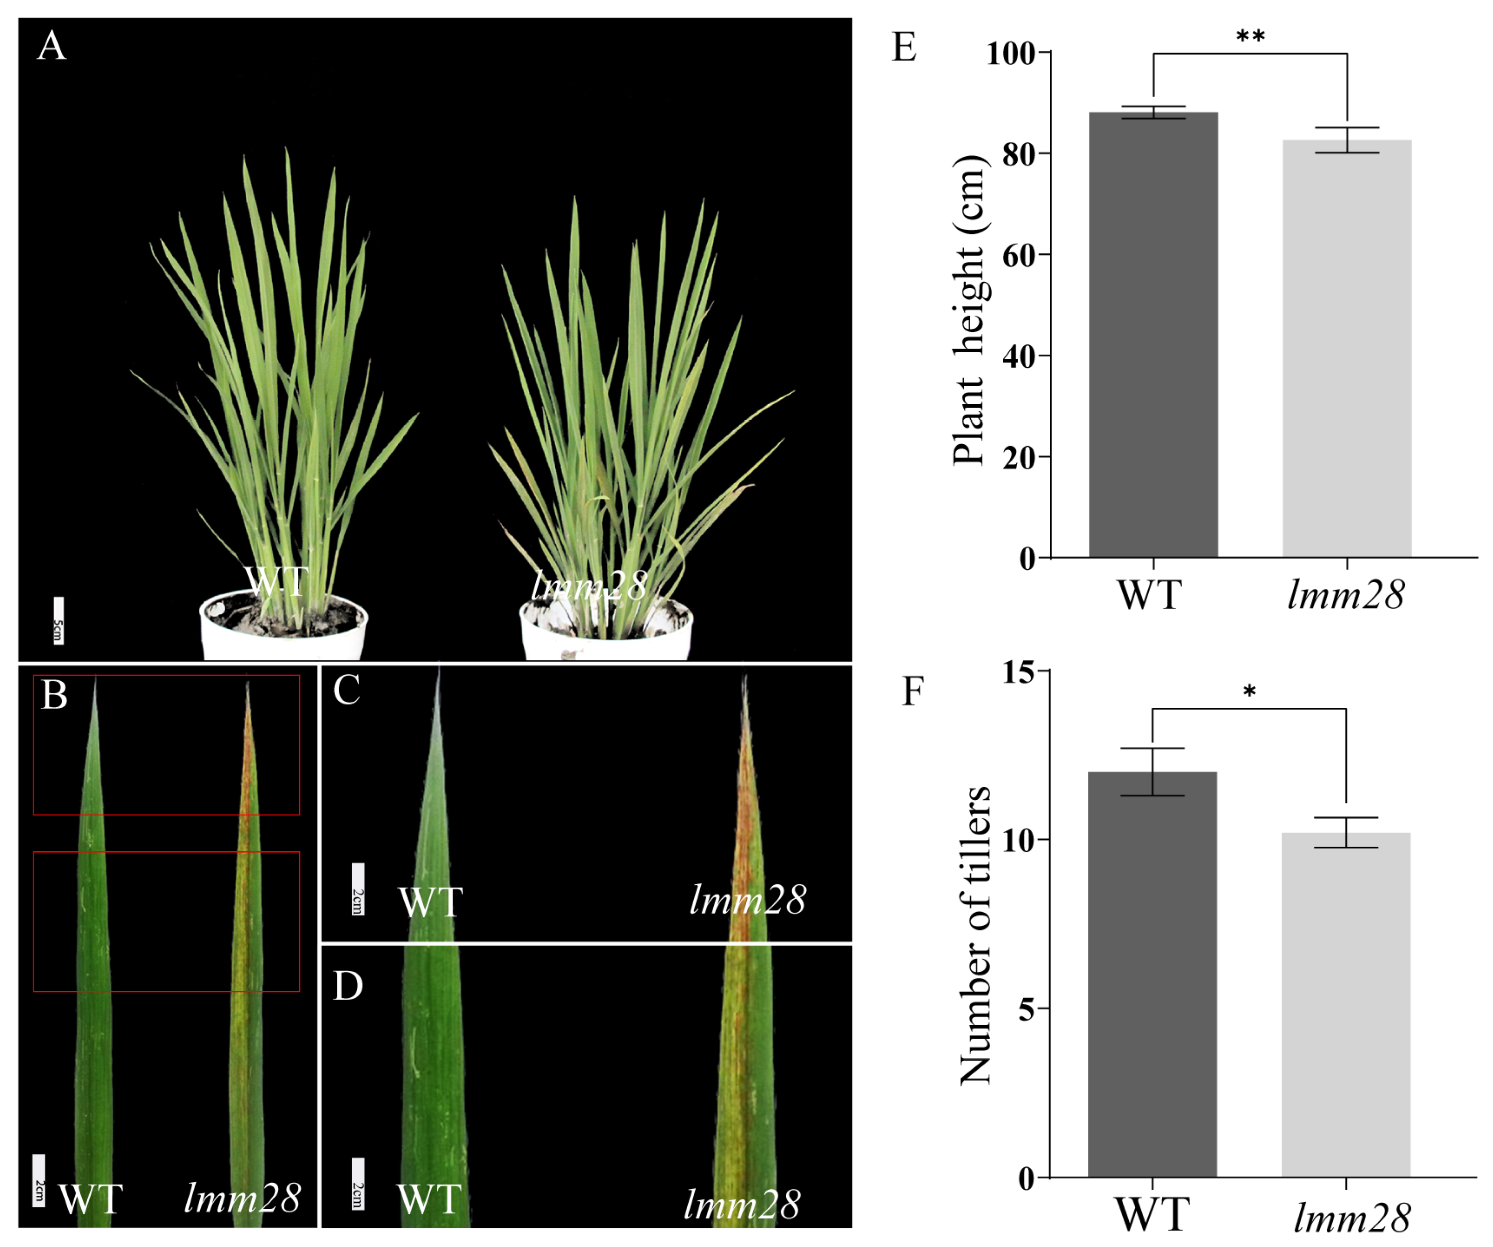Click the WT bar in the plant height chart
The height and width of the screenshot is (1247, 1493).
pyautogui.click(x=1153, y=334)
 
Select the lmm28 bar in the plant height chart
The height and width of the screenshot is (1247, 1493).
pyautogui.click(x=1347, y=348)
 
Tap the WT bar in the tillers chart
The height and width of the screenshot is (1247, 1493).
pyautogui.click(x=1152, y=974)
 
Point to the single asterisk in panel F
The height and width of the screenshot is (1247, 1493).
pyautogui.click(x=1249, y=692)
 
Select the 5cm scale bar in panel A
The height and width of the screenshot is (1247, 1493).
pyautogui.click(x=58, y=620)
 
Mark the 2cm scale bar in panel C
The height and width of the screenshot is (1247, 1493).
pyautogui.click(x=358, y=889)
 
